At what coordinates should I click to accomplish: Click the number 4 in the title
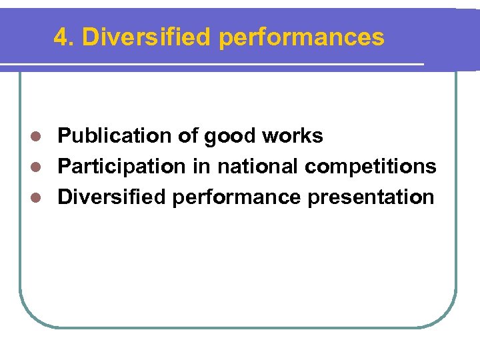coord(60,37)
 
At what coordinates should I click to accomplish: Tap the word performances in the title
coord(301,37)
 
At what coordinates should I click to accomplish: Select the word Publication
coord(115,136)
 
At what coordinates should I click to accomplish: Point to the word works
coord(293,136)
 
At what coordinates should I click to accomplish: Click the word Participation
coord(122,167)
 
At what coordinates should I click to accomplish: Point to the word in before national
coord(201,167)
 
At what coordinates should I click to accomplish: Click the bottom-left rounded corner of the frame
coord(29,316)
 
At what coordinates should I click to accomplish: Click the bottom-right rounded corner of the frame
coord(447,316)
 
